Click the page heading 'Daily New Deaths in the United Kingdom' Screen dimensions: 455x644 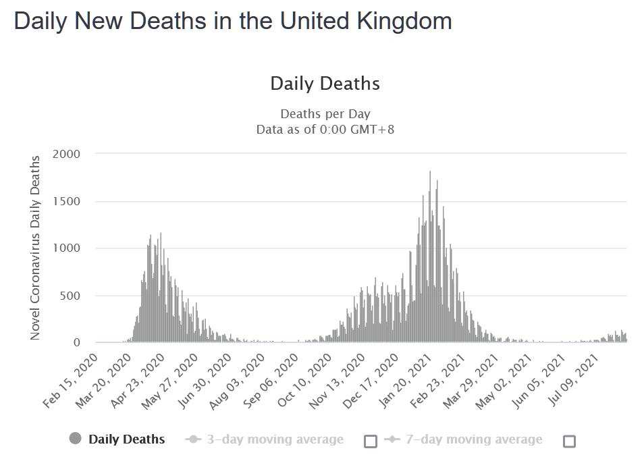click(x=233, y=21)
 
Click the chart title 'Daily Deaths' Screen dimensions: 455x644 click(x=325, y=84)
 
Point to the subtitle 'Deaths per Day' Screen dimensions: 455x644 click(x=325, y=114)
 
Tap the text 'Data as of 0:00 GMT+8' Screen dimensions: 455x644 click(x=325, y=128)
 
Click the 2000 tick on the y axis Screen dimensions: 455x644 click(x=67, y=154)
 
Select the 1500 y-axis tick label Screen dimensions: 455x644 click(x=67, y=201)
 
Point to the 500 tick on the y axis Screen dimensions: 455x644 click(x=70, y=296)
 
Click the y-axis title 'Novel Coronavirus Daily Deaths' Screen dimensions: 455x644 click(x=35, y=248)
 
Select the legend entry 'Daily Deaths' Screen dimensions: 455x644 click(x=126, y=439)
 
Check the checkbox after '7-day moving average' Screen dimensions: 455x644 click(x=569, y=441)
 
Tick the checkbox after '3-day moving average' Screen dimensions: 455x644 click(x=370, y=441)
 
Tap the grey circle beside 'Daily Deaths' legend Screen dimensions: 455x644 click(x=75, y=439)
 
